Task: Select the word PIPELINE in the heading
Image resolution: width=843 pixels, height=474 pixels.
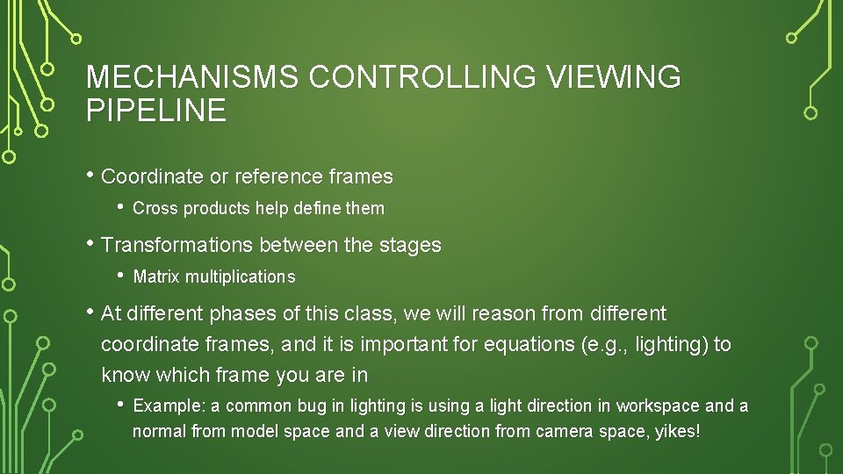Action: (155, 111)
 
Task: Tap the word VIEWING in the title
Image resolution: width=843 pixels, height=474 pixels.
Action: (614, 77)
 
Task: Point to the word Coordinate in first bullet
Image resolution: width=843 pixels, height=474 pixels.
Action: (152, 176)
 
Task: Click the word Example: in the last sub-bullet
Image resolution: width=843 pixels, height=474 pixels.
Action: (169, 406)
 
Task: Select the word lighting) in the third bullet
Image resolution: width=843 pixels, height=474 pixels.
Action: (672, 344)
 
